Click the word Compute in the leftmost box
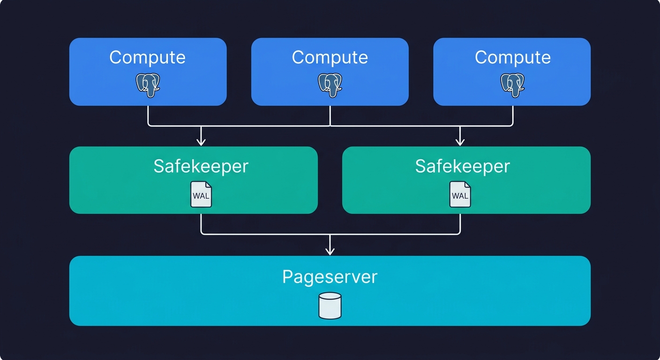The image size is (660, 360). (148, 57)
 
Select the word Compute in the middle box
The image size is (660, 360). (330, 57)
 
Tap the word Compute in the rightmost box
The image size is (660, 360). (512, 57)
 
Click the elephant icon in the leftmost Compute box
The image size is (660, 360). (148, 85)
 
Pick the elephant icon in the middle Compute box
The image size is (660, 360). (330, 85)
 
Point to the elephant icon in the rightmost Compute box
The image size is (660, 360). (512, 85)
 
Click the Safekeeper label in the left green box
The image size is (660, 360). (201, 166)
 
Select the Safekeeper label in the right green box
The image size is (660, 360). (462, 166)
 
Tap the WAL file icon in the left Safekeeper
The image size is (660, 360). (201, 195)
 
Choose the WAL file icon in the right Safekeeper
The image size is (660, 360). (460, 195)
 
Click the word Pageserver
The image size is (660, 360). (330, 277)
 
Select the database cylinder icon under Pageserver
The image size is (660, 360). (330, 306)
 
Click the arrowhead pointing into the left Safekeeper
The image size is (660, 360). (201, 141)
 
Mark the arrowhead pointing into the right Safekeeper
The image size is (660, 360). (460, 141)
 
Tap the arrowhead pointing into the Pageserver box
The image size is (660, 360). (330, 251)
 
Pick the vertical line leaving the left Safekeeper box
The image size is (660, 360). (201, 223)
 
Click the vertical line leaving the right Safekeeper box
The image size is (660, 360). (460, 223)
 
